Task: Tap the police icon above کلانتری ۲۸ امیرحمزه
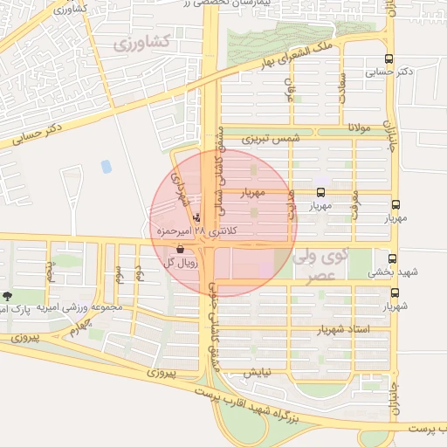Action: pos(196,217)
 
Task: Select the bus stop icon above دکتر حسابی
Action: pos(388,60)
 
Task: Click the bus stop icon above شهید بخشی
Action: pos(392,258)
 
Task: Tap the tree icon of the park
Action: pos(8,297)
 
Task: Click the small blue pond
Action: pos(107,166)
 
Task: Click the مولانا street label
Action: pos(360,128)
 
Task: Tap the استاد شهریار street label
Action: pos(377,329)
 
